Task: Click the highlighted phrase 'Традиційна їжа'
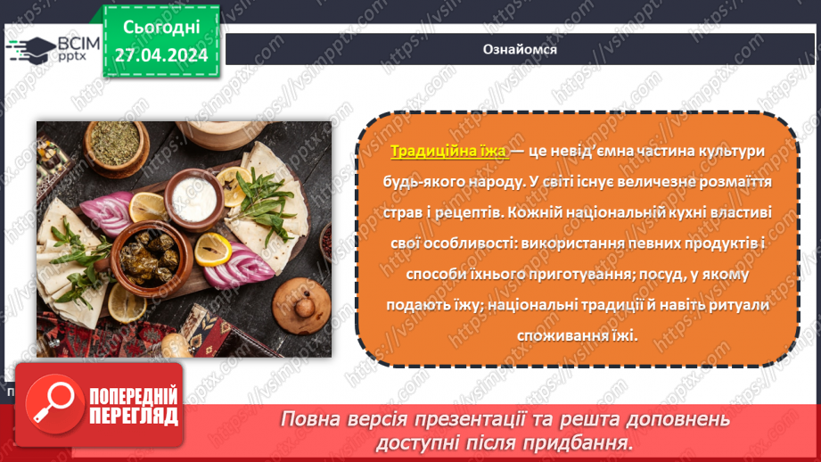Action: (x=448, y=152)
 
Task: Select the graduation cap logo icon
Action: (x=29, y=49)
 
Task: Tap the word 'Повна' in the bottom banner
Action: (x=311, y=419)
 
